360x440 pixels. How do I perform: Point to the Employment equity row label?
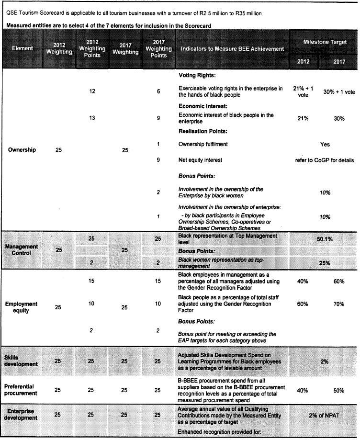[21, 307]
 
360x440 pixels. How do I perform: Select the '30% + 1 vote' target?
[339, 92]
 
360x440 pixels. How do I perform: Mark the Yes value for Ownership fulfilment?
[325, 144]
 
